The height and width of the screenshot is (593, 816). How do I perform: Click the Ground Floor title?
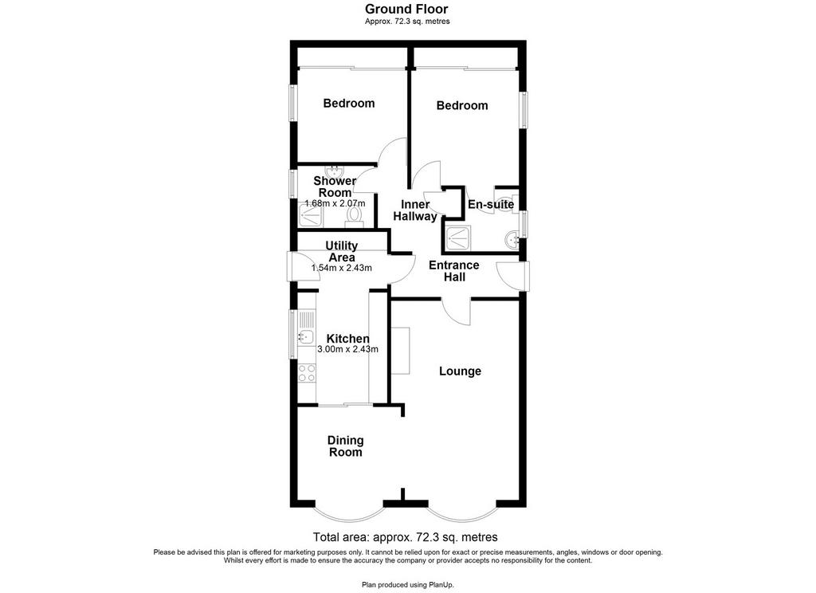406,9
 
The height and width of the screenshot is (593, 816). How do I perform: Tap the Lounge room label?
460,371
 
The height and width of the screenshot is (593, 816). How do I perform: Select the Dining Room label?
346,446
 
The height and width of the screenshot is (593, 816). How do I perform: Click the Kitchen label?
347,339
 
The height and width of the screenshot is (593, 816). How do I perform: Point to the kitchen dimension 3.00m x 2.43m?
347,349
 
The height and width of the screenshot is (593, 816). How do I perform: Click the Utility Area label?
341,251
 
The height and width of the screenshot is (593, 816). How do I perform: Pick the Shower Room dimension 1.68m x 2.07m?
335,203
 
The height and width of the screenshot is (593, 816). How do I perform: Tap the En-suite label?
491,204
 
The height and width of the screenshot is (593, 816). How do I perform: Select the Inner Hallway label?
415,210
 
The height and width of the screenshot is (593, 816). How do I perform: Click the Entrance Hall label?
453,271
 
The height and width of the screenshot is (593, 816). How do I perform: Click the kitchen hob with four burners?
307,373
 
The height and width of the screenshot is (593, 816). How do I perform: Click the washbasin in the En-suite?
511,240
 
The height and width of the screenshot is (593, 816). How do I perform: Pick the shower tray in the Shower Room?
311,215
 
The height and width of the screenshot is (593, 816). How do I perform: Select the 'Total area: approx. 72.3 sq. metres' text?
405,536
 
